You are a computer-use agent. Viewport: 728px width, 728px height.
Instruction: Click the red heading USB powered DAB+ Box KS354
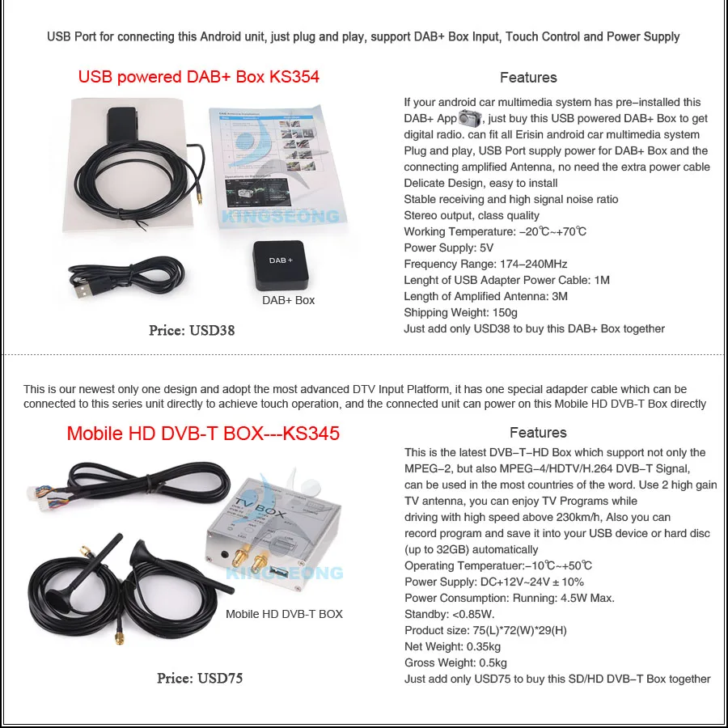[x=198, y=77]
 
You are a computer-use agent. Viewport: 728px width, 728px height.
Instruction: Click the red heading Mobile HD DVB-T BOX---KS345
[x=203, y=433]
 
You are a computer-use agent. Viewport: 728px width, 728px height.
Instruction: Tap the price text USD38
[x=192, y=330]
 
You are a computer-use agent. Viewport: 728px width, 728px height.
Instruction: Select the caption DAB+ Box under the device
[x=288, y=300]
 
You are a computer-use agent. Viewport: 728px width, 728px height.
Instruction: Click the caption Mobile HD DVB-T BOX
[x=284, y=614]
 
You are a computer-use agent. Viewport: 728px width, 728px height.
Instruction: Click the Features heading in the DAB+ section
[x=528, y=78]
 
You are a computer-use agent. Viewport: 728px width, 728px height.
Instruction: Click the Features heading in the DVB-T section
[x=538, y=433]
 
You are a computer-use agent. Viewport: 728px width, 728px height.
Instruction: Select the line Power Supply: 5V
[x=448, y=248]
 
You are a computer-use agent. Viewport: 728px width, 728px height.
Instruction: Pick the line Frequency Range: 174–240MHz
[x=485, y=264]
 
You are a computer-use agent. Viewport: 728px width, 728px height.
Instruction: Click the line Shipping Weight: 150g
[x=460, y=312]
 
